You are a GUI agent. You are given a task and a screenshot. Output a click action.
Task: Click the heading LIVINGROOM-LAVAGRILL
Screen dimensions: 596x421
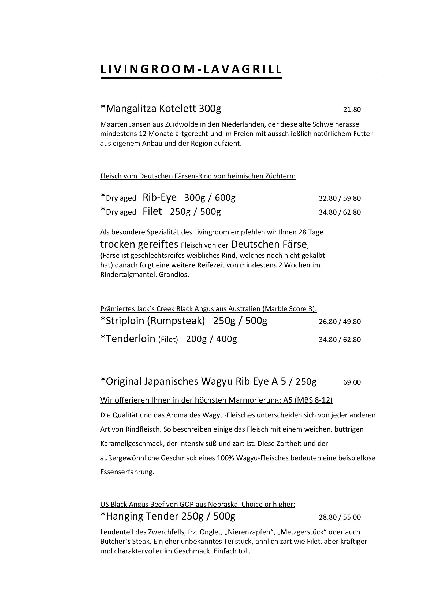(x=191, y=69)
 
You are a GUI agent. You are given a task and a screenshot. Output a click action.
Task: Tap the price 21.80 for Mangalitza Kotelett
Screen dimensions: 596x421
(x=352, y=109)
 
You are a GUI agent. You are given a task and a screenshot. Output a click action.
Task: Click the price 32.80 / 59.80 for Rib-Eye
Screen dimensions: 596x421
(x=340, y=198)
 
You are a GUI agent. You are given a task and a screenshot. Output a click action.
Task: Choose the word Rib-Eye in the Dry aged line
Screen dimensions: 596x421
(x=159, y=197)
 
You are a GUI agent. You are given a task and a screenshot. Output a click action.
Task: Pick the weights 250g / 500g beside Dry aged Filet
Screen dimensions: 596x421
(x=195, y=211)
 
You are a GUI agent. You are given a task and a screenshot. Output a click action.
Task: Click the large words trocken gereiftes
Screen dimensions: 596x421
(x=139, y=244)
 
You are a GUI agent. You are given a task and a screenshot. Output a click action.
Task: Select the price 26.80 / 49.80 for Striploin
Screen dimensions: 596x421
(x=340, y=321)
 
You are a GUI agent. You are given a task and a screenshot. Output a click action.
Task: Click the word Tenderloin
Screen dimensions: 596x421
(x=131, y=339)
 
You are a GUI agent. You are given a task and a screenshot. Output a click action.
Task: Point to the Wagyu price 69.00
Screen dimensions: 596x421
(x=352, y=382)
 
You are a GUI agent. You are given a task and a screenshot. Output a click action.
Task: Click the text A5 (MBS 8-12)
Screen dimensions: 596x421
(x=308, y=400)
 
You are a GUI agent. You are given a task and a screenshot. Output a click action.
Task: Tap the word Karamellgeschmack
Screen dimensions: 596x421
(x=131, y=443)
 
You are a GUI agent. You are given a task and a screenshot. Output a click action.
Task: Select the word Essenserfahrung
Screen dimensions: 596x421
(x=127, y=472)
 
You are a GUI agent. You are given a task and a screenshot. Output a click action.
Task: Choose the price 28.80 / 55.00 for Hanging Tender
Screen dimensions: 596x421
(x=340, y=517)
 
